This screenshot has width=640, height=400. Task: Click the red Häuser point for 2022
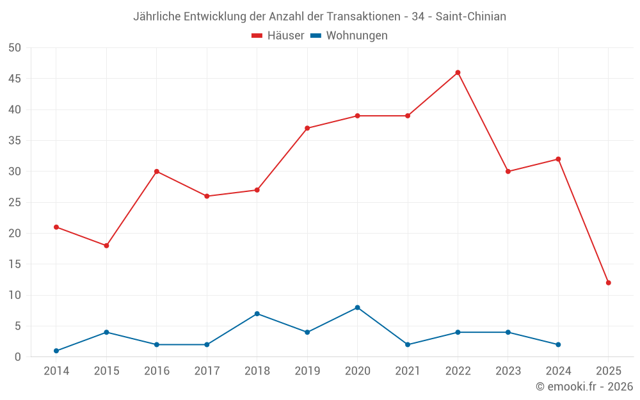coord(458,72)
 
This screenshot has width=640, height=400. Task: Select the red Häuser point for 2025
coord(608,282)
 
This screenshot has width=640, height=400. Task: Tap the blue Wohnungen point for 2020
coord(357,307)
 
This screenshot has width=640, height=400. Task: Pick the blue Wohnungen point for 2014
coord(56,351)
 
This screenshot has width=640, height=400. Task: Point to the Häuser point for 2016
coord(157,172)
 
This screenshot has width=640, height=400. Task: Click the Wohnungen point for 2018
coord(257,314)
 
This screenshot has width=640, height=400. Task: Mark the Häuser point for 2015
coord(106,246)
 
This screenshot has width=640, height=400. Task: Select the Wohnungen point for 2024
coord(558,344)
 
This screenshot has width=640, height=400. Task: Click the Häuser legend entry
coord(278,36)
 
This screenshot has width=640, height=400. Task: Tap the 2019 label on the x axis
coord(307,371)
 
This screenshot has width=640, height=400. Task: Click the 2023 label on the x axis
coord(508,371)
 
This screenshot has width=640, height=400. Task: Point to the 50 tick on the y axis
coord(15,48)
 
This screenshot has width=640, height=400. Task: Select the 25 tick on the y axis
coord(15,202)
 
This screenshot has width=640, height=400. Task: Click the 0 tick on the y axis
coord(18,357)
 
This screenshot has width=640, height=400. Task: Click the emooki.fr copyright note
coord(584,387)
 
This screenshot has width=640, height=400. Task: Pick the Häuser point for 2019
coord(307,128)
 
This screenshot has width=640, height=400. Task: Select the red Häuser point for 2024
coord(558,159)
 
